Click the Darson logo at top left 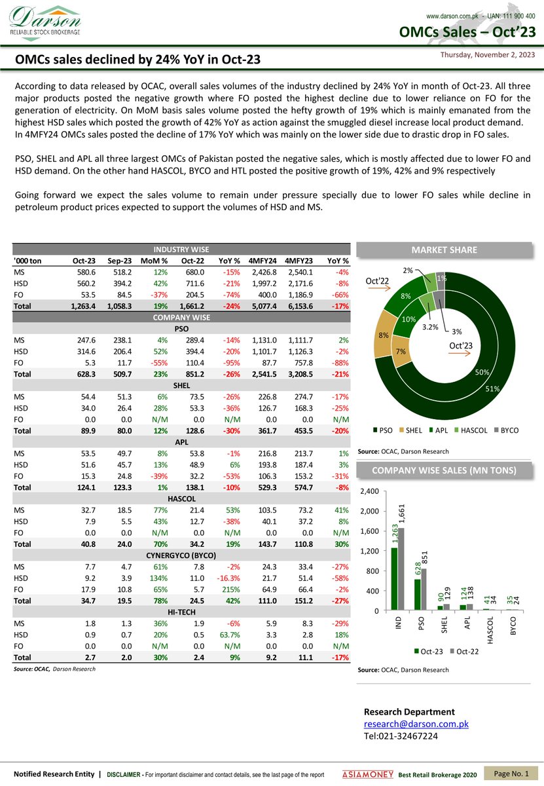tap(45, 21)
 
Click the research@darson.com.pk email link tap(416, 724)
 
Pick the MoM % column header tap(154, 261)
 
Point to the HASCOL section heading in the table tap(181, 498)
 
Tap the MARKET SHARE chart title tap(444, 250)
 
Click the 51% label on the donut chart tap(492, 388)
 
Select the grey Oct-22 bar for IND tap(401, 569)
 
